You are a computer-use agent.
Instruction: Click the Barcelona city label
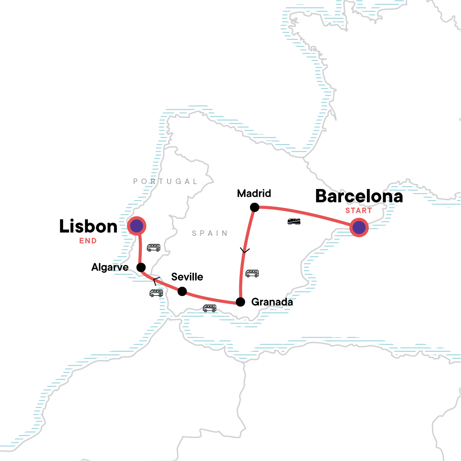[x=359, y=196]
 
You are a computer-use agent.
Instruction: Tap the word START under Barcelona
[x=358, y=211]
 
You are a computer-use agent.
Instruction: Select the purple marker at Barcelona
[x=359, y=227]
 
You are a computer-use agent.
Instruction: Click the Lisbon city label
[x=88, y=227]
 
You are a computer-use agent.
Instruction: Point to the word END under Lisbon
[x=88, y=241]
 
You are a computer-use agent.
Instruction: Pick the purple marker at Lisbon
[x=137, y=226]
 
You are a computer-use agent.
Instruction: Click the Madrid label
[x=254, y=193]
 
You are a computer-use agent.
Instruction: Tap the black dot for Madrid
[x=254, y=207]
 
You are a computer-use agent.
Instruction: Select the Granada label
[x=272, y=302]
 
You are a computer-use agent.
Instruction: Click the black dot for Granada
[x=240, y=302]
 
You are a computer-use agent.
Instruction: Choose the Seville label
[x=187, y=277]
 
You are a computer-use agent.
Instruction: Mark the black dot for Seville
[x=182, y=292]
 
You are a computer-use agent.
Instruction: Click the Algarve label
[x=110, y=267]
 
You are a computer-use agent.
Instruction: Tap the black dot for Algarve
[x=141, y=267]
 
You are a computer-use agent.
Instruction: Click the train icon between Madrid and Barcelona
[x=294, y=221]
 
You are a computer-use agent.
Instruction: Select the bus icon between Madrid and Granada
[x=252, y=274]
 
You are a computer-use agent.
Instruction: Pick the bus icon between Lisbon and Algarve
[x=154, y=248]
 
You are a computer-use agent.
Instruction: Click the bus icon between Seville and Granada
[x=209, y=308]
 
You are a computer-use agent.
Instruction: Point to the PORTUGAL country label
[x=165, y=181]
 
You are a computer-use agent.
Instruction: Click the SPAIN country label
[x=210, y=233]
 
